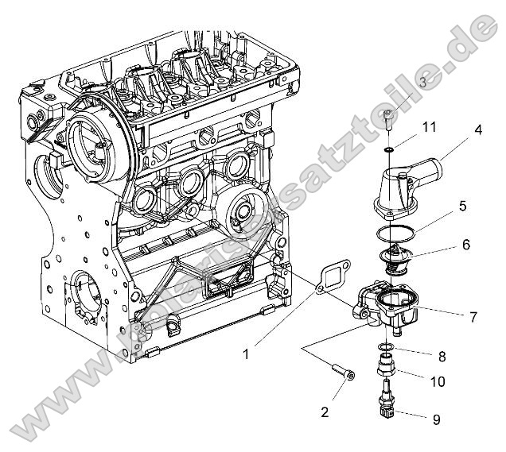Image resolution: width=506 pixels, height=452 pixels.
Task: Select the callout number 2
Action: coord(324,411)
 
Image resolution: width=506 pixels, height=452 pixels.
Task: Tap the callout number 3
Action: coord(422,82)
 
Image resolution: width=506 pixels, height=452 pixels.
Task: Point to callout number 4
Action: coord(478,129)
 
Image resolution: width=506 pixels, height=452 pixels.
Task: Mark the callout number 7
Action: coord(473,317)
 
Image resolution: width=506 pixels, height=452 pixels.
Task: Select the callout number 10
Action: coord(438,381)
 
